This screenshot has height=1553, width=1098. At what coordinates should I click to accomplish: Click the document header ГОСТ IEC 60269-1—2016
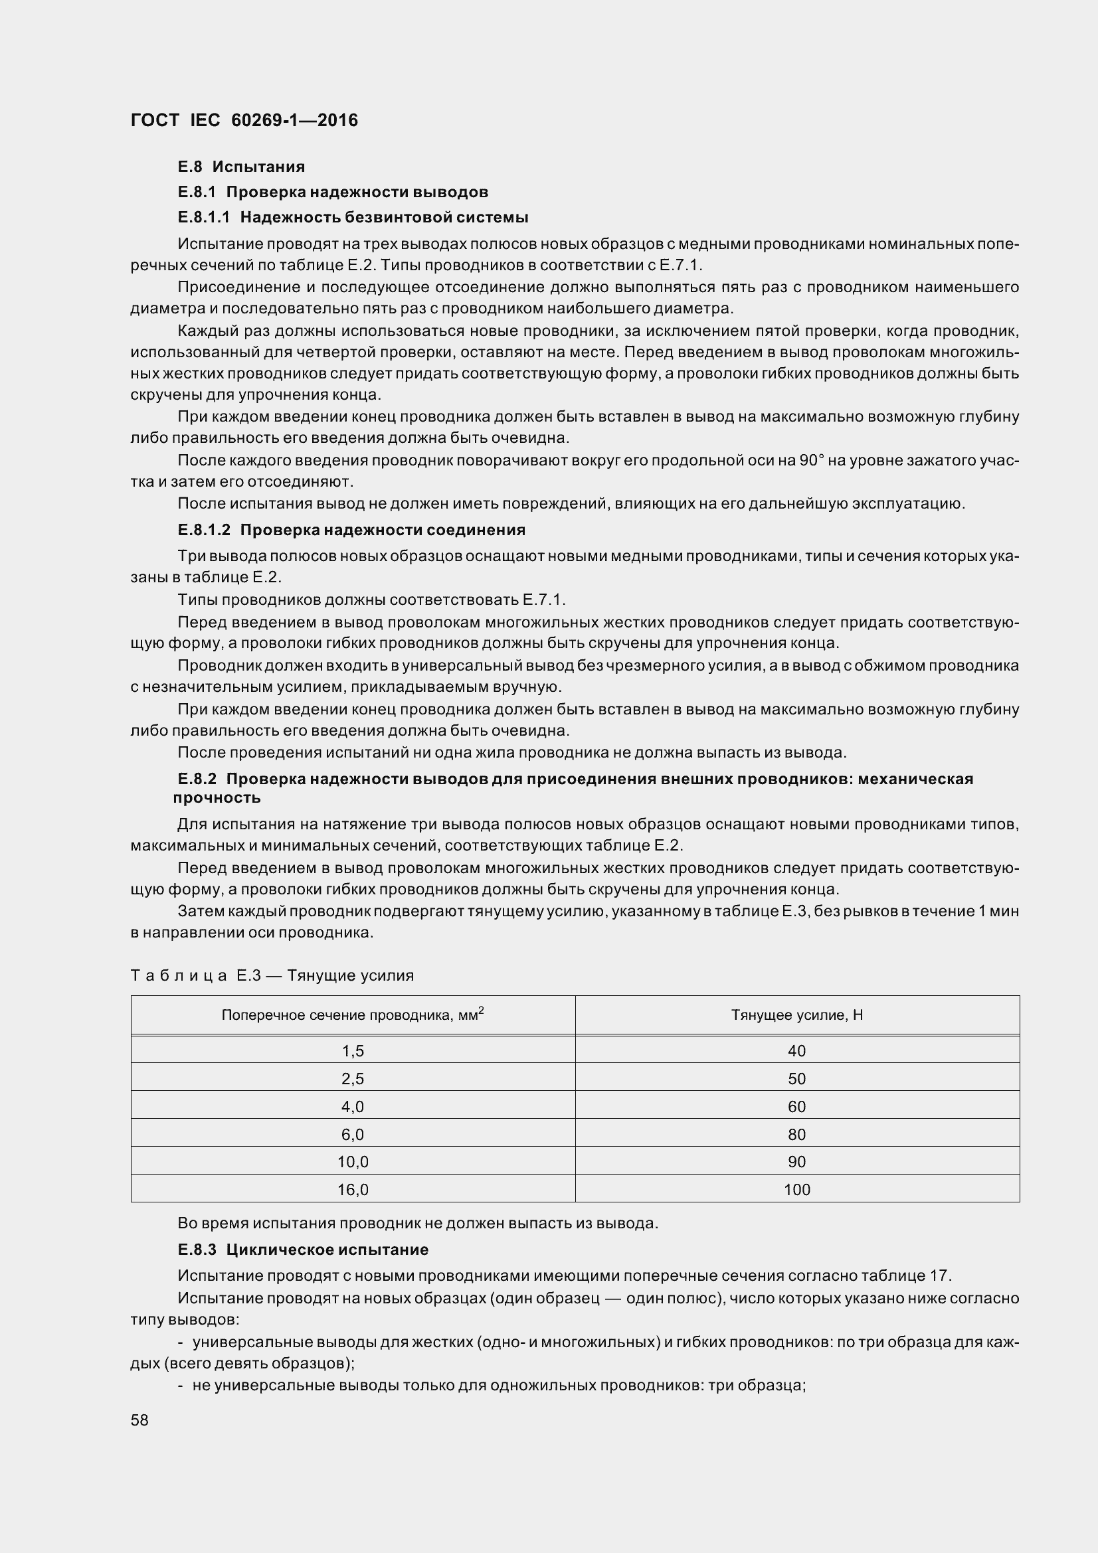244,120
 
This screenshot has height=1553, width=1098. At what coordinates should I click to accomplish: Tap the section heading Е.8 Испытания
241,167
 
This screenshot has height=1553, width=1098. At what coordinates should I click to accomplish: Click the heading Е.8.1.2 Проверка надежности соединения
351,530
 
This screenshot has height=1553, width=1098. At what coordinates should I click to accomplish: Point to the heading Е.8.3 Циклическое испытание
303,1250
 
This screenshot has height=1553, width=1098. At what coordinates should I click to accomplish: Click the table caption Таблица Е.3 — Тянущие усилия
272,975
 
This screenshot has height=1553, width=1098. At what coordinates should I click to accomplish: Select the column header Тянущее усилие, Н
797,1015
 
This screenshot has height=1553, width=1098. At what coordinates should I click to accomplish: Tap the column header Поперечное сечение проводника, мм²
353,1015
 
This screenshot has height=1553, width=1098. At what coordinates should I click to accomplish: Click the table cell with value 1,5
353,1051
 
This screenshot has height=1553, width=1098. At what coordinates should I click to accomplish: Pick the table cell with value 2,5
353,1079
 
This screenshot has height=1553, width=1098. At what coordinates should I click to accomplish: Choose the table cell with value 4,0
353,1107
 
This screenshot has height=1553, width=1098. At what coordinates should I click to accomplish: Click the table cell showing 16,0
353,1190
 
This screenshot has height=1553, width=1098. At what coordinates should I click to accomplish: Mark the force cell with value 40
797,1051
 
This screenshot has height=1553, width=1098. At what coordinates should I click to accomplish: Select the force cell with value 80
797,1134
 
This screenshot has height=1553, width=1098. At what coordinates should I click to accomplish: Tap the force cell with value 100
797,1190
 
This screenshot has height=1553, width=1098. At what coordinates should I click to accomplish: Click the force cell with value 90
797,1162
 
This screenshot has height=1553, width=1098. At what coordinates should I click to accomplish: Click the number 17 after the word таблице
939,1275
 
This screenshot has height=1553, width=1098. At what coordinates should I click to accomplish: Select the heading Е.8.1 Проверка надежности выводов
333,192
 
